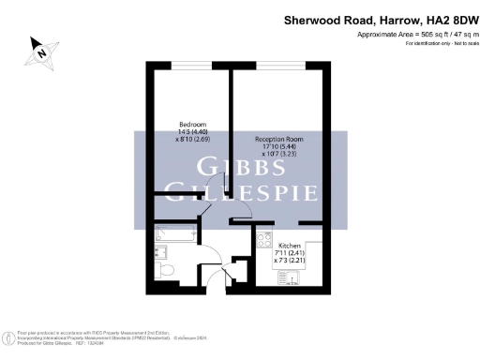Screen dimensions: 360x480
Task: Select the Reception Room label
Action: [x=279, y=139]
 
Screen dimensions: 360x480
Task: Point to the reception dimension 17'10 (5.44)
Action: [x=280, y=146]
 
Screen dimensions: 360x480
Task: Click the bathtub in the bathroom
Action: [x=174, y=234]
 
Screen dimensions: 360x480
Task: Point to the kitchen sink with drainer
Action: [x=289, y=276]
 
